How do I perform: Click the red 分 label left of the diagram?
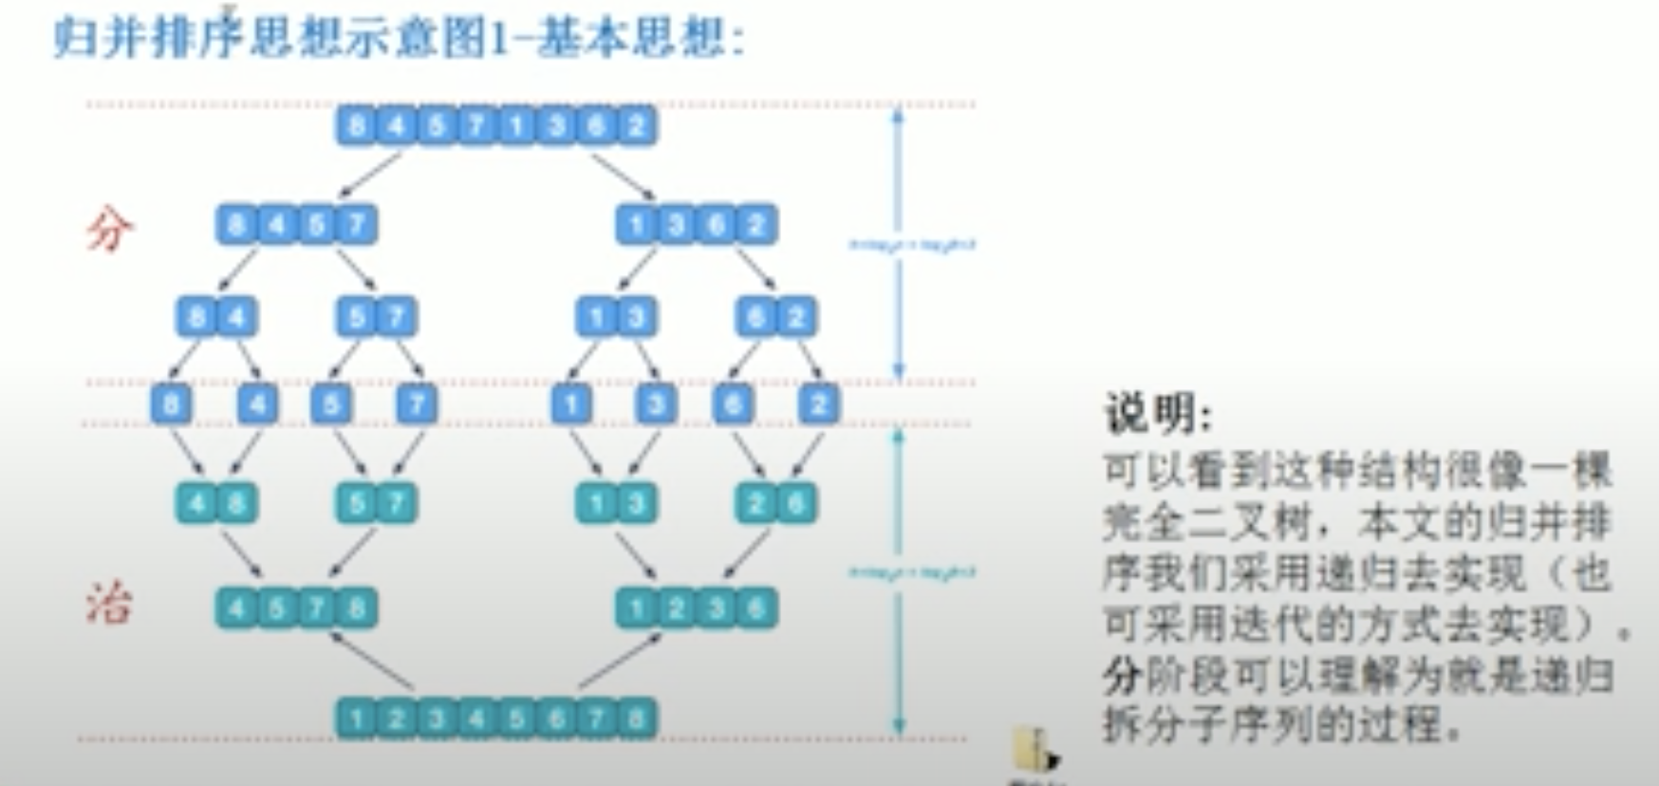(110, 230)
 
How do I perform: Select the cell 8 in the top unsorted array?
(357, 125)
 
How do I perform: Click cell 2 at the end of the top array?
(637, 125)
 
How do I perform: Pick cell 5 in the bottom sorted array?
(516, 719)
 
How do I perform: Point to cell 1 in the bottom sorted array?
(357, 719)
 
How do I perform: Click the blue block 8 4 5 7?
(296, 225)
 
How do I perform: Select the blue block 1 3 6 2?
(697, 225)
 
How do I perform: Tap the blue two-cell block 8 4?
(216, 316)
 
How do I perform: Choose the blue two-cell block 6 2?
(776, 316)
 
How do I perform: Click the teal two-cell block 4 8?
(216, 502)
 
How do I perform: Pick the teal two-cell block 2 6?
(776, 502)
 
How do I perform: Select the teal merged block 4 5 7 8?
(296, 608)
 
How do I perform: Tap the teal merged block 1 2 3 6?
(697, 608)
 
